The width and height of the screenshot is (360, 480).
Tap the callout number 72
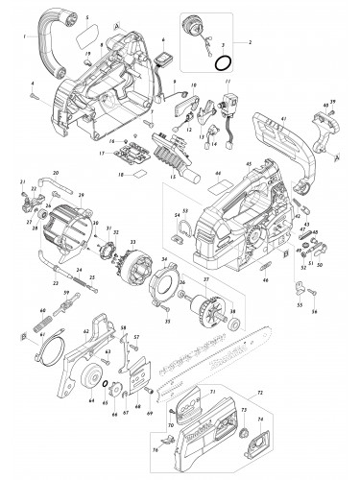[x=258, y=396]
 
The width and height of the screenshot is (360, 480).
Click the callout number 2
[x=252, y=43]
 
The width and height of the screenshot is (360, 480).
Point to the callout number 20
[x=56, y=172]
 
